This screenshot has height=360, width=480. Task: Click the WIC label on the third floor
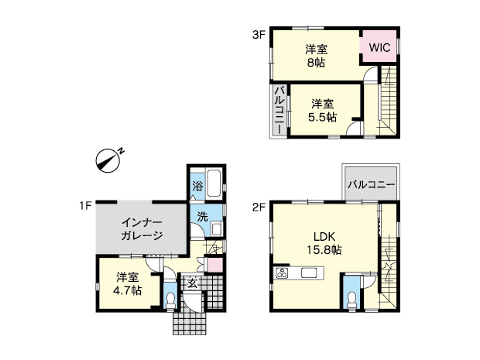[379, 47]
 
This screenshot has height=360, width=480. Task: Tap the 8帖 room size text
[316, 63]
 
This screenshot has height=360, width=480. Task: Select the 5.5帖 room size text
[322, 117]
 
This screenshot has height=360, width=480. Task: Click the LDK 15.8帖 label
[324, 243]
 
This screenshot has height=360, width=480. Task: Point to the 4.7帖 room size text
[127, 290]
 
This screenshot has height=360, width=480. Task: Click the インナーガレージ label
[142, 228]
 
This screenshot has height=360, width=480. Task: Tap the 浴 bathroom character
[197, 186]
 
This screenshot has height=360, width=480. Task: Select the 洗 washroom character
[202, 217]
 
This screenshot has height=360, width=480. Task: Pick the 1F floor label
[86, 206]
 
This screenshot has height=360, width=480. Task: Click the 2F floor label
[258, 207]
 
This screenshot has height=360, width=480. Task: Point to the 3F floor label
[258, 35]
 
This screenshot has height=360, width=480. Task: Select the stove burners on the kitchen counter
[282, 273]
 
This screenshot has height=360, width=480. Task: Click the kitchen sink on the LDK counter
[309, 273]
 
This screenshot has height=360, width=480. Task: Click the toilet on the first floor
[170, 300]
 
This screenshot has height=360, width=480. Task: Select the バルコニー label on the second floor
[371, 184]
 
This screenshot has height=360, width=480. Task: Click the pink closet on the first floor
[214, 265]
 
